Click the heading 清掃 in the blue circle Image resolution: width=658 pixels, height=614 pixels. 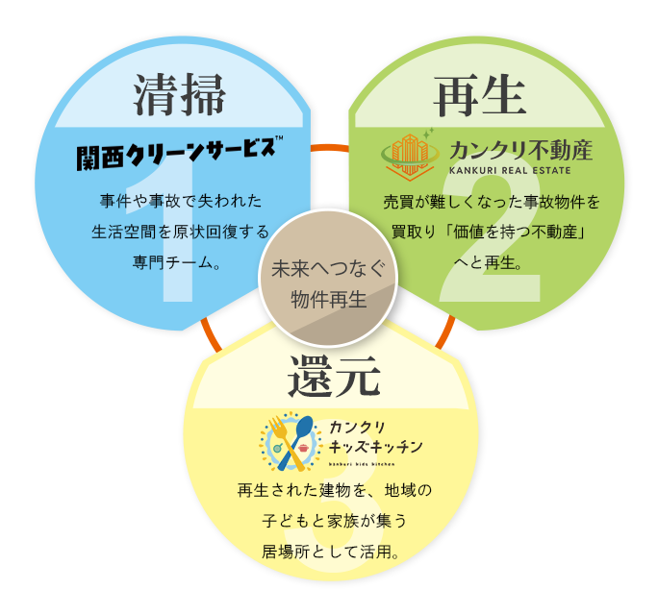180,96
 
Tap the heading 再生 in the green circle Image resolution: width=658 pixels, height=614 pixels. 479,96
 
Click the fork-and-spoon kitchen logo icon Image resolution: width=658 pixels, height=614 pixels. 290,444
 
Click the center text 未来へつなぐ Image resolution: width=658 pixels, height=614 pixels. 329,270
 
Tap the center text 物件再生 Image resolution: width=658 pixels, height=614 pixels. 329,299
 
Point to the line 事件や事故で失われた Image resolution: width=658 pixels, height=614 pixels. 180,202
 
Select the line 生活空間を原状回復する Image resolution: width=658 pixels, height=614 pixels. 180,232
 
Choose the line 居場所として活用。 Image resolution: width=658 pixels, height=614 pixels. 330,552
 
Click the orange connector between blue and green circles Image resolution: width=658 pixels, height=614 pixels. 329,147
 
